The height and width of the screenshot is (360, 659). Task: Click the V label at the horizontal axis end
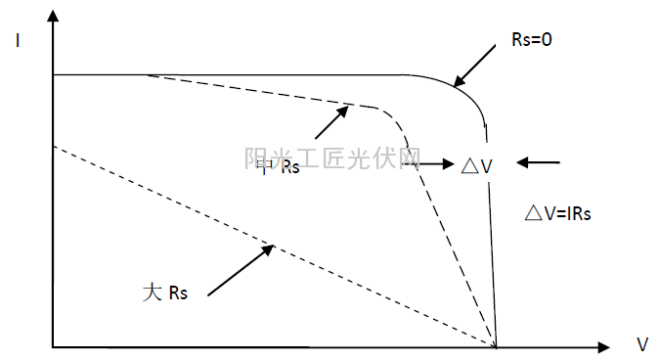click(641, 345)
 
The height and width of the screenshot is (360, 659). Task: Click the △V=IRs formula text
click(558, 212)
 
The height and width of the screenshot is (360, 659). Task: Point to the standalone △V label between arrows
click(477, 165)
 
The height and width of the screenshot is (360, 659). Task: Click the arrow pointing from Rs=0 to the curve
click(477, 67)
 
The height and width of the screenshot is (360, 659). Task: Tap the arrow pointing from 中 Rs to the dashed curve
click(331, 122)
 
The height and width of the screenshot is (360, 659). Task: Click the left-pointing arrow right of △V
click(539, 162)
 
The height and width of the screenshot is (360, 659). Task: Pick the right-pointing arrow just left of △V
click(430, 164)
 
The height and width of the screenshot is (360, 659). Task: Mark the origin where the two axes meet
click(54, 346)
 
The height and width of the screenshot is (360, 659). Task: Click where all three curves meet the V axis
click(497, 345)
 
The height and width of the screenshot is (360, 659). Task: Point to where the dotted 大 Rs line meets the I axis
click(55, 145)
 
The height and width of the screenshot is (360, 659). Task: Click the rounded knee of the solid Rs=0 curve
click(467, 93)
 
